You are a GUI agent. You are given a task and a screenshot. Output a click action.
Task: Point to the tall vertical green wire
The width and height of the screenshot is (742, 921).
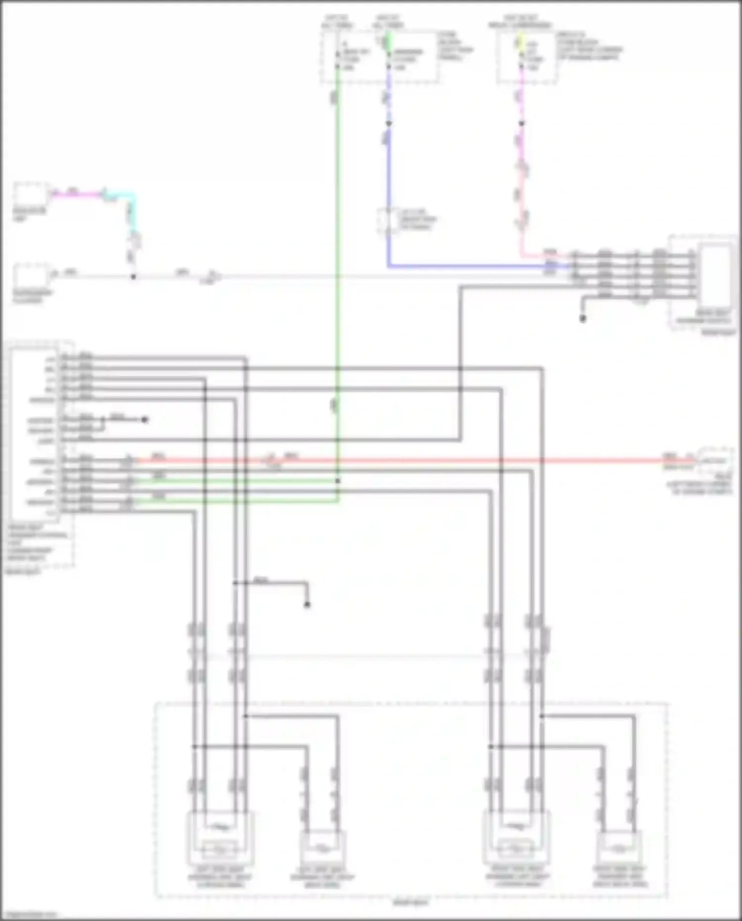337,247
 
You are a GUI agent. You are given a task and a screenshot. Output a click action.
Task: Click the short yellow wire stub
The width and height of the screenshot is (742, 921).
520,42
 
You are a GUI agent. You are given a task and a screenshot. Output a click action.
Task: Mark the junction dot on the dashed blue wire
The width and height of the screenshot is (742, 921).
389,123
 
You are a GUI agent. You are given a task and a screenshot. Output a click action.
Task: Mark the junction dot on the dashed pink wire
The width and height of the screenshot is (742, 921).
521,123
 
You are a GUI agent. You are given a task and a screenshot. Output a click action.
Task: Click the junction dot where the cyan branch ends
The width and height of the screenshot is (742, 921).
133,277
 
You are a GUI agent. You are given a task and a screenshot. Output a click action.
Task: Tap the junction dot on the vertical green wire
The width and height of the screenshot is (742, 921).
338,481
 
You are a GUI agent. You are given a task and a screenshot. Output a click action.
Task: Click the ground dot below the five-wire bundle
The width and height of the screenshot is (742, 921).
583,319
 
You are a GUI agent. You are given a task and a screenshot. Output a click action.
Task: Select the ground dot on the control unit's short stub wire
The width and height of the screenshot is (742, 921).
144,420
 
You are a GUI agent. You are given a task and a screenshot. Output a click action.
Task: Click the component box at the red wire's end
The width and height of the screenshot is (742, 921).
714,461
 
